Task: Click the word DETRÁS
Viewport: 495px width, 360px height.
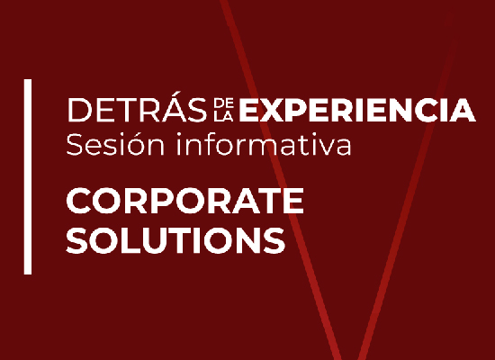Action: (x=137, y=107)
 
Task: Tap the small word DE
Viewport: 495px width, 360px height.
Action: (x=223, y=103)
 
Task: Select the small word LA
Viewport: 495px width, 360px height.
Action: (x=223, y=116)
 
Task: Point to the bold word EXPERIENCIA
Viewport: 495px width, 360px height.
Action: (x=357, y=110)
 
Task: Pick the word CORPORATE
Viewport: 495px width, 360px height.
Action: (x=185, y=201)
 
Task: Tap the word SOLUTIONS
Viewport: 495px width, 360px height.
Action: (x=175, y=240)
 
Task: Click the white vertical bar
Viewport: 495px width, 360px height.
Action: (x=28, y=176)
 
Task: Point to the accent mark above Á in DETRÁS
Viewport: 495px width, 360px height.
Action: (x=176, y=94)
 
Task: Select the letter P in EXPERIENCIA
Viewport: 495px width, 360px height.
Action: (x=298, y=110)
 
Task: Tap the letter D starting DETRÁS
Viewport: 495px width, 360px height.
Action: (x=80, y=110)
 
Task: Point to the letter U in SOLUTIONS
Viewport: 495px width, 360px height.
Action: (x=157, y=240)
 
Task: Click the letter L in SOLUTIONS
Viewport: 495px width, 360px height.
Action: (x=131, y=240)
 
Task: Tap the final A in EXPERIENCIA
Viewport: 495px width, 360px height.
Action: (x=463, y=110)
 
